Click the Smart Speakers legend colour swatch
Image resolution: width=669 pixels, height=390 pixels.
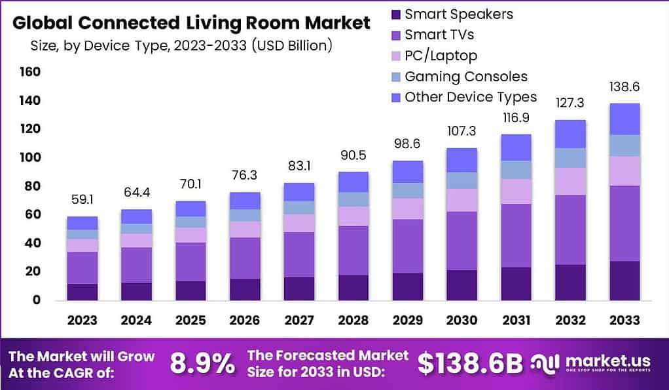pos(395,14)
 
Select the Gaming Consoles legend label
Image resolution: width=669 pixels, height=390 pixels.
pos(465,76)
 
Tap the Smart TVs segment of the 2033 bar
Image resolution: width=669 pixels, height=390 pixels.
pos(624,224)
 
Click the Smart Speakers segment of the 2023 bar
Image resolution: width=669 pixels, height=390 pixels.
pos(82,292)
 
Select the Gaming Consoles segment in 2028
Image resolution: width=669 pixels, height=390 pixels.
pos(353,199)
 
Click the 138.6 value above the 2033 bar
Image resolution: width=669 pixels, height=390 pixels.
pos(624,87)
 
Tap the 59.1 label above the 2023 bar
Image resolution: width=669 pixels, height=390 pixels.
pos(82,199)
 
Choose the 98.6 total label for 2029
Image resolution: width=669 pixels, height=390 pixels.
pos(408,144)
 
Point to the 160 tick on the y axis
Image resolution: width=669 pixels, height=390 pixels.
pos(30,71)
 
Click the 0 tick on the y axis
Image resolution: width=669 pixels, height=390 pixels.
pos(37,300)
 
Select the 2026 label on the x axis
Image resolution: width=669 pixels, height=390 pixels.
pos(245,321)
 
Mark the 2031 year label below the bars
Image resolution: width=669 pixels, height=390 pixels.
pos(516,321)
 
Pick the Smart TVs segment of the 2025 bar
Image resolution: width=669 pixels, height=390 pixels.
pos(191,262)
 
